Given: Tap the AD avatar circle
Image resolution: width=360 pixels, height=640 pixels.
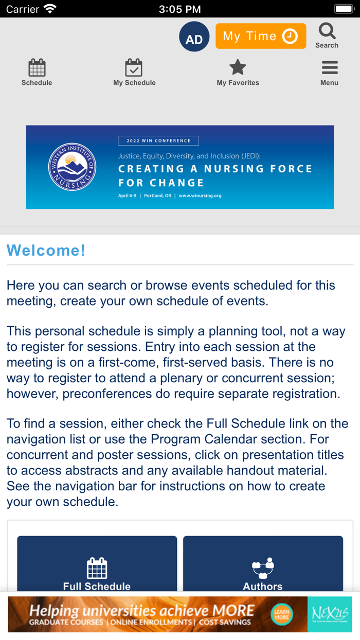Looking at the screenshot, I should tap(194, 37).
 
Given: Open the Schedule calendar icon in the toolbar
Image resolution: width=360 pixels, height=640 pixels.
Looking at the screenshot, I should tap(37, 68).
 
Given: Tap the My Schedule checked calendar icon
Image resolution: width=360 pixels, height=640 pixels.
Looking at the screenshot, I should tap(134, 68).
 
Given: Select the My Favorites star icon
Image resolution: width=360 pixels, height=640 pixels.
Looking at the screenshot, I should tap(238, 67).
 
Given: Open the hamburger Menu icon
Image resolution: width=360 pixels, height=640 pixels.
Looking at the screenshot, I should tap(329, 68).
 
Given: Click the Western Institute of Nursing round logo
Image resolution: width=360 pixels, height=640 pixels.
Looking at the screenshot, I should tap(72, 167).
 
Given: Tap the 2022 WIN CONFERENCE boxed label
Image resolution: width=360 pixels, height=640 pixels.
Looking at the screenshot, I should tap(158, 140).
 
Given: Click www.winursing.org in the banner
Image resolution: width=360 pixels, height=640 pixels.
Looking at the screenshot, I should tap(200, 196).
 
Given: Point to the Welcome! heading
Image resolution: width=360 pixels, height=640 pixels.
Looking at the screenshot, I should tap(46, 251).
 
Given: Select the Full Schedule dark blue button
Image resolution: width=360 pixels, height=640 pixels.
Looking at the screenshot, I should tap(97, 566).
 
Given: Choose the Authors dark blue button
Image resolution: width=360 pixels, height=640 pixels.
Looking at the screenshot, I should tap(263, 566).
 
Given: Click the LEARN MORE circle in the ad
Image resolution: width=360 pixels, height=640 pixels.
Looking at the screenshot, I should tap(281, 614).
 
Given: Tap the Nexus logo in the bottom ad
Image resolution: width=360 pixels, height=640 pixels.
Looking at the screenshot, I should tap(330, 614).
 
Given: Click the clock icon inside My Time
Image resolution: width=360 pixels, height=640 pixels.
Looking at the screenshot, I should tap(290, 37).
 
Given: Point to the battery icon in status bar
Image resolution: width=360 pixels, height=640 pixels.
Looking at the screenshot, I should tap(343, 9).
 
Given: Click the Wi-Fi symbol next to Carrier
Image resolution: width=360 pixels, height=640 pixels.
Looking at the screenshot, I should tap(50, 9).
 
